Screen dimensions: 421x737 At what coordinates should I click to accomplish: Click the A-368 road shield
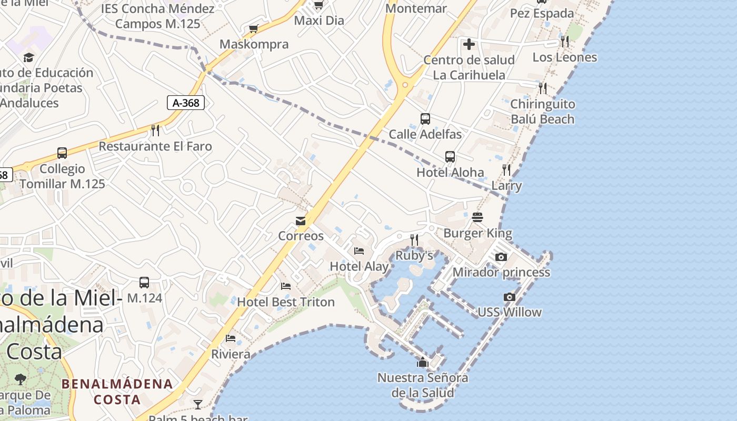click(x=186, y=103)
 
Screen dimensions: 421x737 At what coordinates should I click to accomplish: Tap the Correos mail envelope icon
click(x=301, y=221)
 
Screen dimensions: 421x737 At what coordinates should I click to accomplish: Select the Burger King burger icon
click(x=477, y=217)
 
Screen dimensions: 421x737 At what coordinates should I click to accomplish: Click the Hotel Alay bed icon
click(x=359, y=251)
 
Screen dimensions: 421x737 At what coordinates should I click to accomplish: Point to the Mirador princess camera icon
click(x=501, y=257)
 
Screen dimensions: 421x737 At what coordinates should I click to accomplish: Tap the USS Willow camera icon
click(x=509, y=297)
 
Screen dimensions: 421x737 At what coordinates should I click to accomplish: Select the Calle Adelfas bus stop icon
click(x=425, y=119)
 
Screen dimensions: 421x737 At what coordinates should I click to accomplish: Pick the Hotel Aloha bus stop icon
click(x=450, y=157)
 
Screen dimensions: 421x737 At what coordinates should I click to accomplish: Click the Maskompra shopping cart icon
click(x=254, y=28)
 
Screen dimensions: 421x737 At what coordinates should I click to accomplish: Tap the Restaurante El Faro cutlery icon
click(x=155, y=130)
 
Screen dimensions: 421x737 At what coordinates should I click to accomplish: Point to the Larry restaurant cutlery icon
click(x=506, y=169)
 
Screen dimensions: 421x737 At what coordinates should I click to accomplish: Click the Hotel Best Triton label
click(x=286, y=302)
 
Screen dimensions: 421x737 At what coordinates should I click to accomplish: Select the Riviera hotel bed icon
click(x=231, y=338)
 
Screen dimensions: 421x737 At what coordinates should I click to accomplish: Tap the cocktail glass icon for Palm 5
click(x=198, y=404)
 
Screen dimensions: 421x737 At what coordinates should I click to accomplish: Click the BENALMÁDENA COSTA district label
click(x=117, y=391)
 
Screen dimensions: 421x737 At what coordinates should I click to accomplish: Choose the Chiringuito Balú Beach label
click(x=543, y=112)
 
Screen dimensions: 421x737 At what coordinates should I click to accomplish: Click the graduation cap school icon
click(x=28, y=57)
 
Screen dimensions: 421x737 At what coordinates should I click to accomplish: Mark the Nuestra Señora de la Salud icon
click(x=422, y=362)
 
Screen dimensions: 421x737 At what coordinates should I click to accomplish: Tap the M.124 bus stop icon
click(x=144, y=283)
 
